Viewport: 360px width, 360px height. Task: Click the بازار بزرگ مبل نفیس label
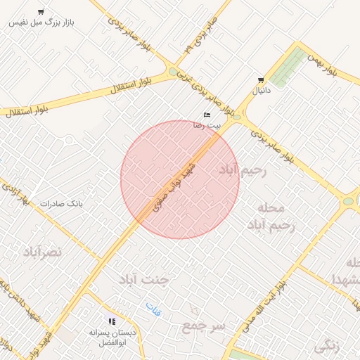pos(41,22)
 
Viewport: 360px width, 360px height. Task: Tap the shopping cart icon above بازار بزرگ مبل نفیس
pos(41,12)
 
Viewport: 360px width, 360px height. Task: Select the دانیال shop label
pos(260,91)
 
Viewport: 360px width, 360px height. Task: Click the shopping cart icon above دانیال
pos(261,80)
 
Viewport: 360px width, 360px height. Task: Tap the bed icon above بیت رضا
pos(207,114)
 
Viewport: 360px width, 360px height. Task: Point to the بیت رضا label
pos(207,124)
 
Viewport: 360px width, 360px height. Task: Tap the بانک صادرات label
pos(61,204)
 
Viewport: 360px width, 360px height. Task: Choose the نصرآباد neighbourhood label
pos(42,251)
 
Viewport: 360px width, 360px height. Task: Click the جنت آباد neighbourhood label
pos(145,279)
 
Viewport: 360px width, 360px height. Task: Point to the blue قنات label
pos(153,307)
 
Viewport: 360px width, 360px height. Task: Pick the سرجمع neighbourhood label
pos(202,326)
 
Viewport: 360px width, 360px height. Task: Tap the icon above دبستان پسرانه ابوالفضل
pos(112,321)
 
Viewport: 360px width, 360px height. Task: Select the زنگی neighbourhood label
pos(328,345)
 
